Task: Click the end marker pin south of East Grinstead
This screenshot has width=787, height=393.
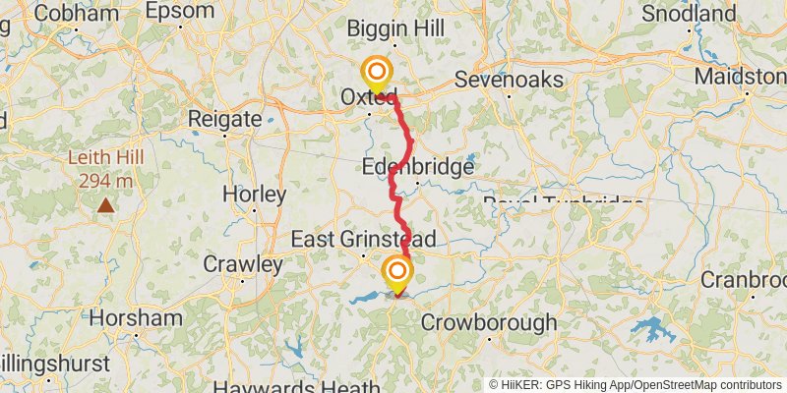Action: pos(397,271)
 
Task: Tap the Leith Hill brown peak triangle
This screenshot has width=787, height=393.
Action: pos(105,206)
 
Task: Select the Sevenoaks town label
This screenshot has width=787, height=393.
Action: pos(509,79)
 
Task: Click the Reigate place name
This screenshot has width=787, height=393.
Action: pos(225,119)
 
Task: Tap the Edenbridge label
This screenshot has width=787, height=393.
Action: pos(418,167)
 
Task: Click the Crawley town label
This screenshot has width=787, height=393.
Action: pos(242,264)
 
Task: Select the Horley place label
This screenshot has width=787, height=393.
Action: pos(254,194)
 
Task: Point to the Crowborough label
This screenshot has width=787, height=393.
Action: pos(489,322)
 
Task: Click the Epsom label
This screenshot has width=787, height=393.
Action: pos(179,11)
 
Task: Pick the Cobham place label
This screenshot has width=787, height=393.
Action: pos(69,13)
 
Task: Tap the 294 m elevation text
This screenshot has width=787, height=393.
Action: pos(105,181)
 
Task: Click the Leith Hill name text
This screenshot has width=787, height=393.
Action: pos(105,158)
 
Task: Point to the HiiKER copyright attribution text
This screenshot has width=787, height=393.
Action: pos(636,385)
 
